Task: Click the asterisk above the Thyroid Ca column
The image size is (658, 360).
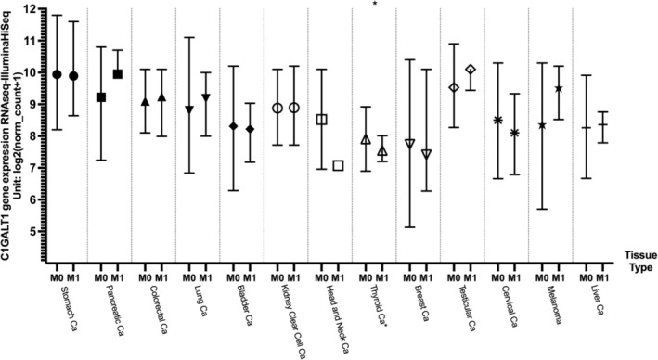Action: tap(374, 6)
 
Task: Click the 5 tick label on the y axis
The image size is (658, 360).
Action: tap(33, 231)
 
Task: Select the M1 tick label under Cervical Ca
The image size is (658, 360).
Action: tap(516, 277)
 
